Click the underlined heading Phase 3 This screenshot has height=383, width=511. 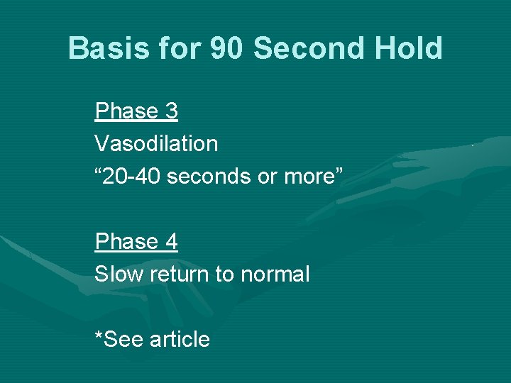click(136, 111)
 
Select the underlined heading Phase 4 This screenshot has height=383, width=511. click(136, 242)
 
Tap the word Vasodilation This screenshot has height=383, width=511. click(156, 144)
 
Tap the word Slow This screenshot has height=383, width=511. click(117, 274)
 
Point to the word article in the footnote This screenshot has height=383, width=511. click(180, 340)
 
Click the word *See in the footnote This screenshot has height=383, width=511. click(119, 340)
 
